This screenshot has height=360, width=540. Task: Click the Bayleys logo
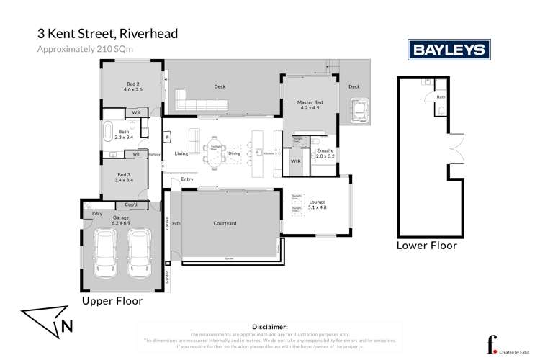tap(449, 50)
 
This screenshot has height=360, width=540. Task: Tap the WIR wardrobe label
tap(295, 162)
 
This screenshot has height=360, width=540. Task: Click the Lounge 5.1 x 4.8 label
tap(318, 204)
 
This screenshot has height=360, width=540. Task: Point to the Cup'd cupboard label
tap(132, 204)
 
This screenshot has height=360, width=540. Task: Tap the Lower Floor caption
tap(427, 246)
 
